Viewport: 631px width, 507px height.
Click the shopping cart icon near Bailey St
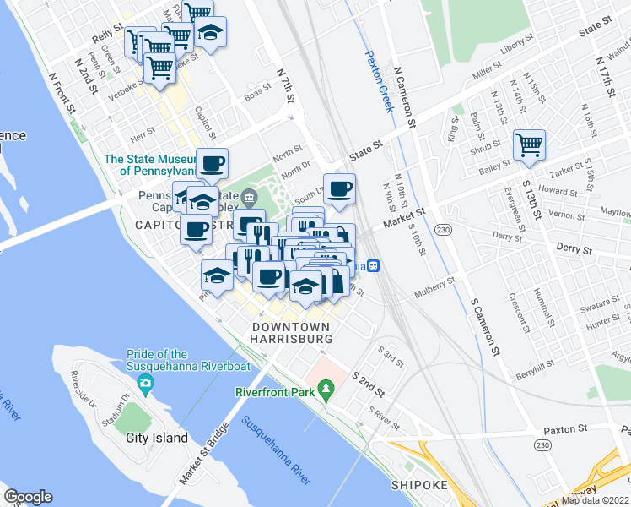click(529, 144)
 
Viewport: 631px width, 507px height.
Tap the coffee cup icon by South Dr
click(339, 189)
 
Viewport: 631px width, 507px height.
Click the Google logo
click(28, 497)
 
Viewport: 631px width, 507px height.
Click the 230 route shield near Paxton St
click(541, 444)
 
